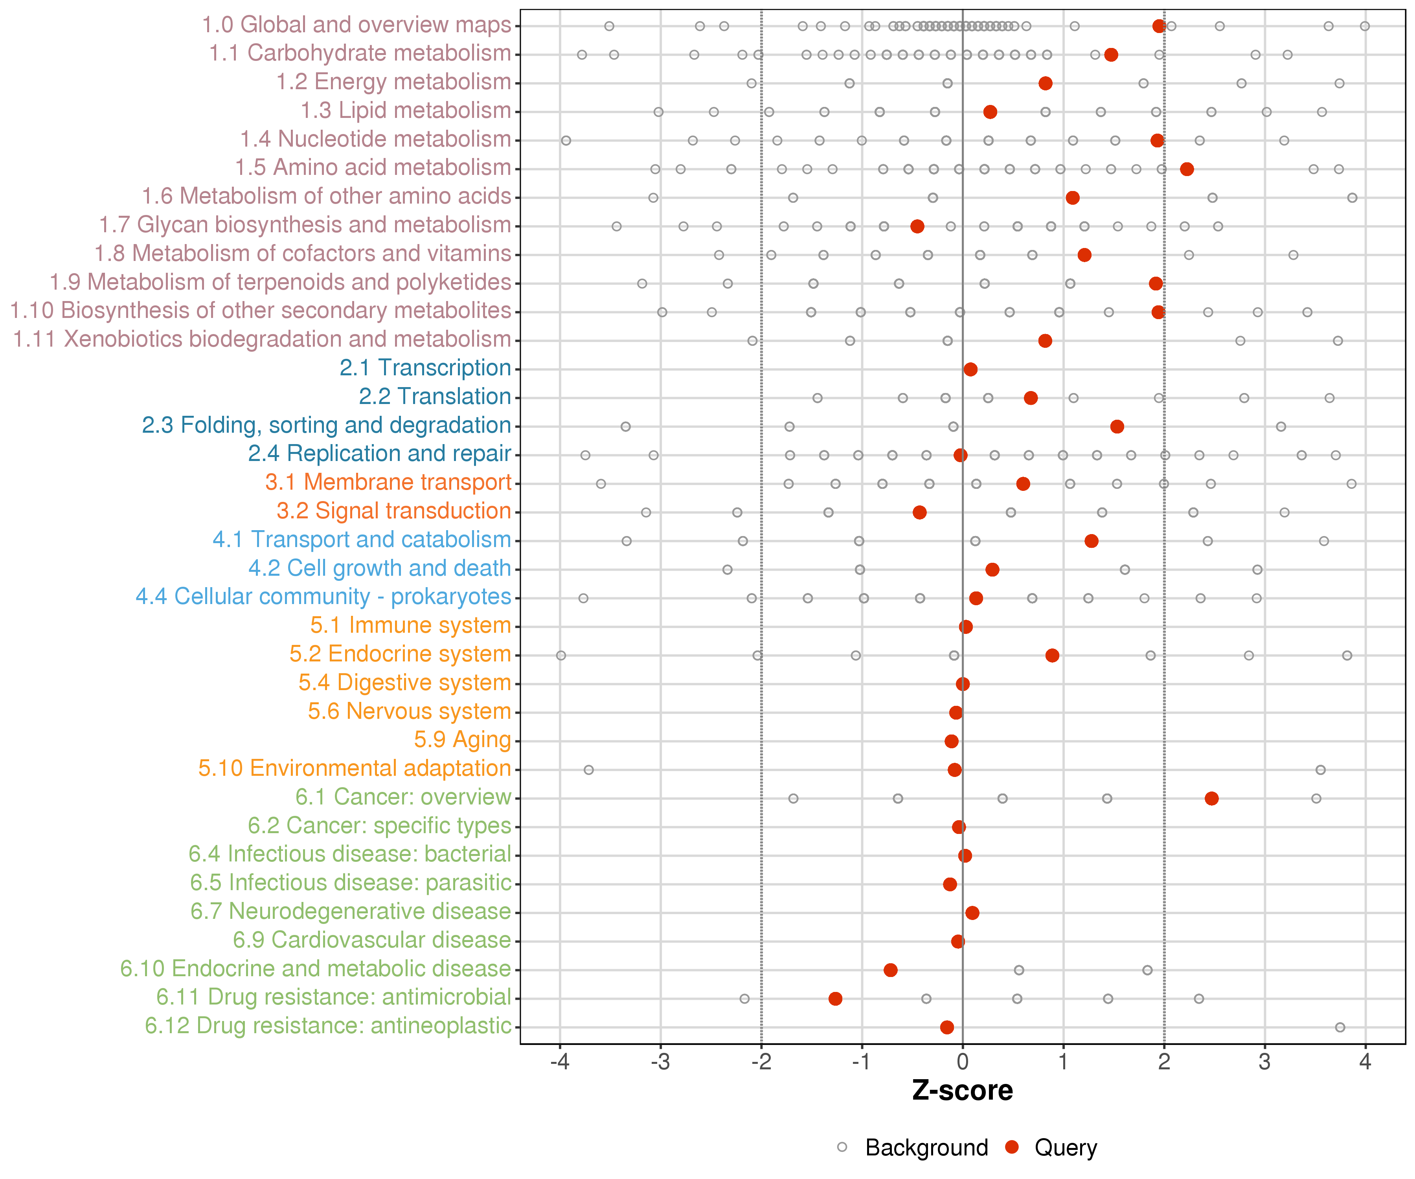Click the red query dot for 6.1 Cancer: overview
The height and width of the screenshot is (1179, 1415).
(x=1211, y=798)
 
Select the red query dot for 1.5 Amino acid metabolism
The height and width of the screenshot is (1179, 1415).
(x=1187, y=169)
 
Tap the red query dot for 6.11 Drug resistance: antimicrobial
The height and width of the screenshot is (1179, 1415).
(x=836, y=999)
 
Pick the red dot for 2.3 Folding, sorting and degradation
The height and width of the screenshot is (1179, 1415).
(x=1117, y=426)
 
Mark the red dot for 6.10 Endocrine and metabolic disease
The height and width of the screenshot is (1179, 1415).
(x=891, y=970)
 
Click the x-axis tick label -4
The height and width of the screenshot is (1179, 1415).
(x=559, y=1062)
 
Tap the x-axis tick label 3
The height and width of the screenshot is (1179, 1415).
(x=1265, y=1062)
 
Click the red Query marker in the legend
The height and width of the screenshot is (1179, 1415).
(x=1011, y=1147)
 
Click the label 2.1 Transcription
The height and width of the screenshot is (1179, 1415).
(x=425, y=368)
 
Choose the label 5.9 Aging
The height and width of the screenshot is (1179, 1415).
(x=463, y=740)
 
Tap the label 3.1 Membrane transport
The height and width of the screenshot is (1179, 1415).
(x=388, y=482)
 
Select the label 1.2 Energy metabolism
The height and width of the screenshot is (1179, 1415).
(x=394, y=82)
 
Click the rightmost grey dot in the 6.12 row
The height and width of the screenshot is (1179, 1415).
(x=1340, y=1027)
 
